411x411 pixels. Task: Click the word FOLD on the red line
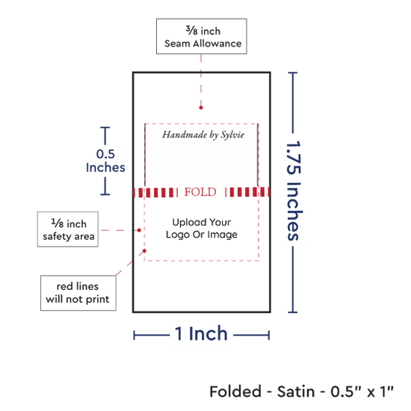[x=200, y=192]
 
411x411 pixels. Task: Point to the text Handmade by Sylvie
[x=203, y=135]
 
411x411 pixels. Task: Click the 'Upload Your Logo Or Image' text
[x=202, y=229]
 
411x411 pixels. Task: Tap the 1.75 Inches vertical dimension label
[x=294, y=191]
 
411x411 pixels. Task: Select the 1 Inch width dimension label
[x=201, y=334]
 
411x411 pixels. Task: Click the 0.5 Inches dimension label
[x=105, y=161]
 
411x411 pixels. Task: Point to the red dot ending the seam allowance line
[x=201, y=108]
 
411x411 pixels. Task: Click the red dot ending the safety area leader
[x=139, y=230]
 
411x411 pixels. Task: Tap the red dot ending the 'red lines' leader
[x=144, y=251]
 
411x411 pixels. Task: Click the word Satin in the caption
[x=296, y=392]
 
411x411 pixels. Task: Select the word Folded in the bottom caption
[x=235, y=392]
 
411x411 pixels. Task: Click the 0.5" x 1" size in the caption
[x=362, y=392]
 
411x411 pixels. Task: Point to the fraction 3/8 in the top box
[x=192, y=31]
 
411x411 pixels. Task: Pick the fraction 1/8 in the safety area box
[x=58, y=223]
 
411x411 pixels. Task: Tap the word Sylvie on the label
[x=232, y=135]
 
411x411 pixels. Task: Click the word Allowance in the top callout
[x=217, y=43]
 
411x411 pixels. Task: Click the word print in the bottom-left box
[x=98, y=300]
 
